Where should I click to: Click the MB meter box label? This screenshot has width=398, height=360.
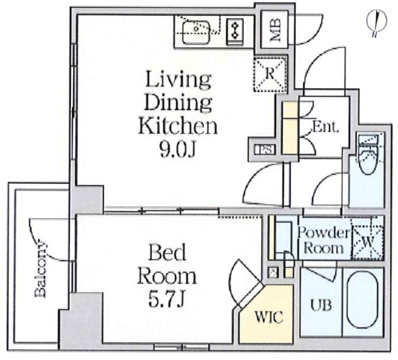click(275, 30)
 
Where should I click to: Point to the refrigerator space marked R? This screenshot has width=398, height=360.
click(270, 74)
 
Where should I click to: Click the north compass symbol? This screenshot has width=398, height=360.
click(377, 22)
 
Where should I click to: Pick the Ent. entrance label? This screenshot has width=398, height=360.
click(325, 127)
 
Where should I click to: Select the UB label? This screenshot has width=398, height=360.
click(321, 305)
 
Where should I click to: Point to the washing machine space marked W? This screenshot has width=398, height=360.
click(368, 242)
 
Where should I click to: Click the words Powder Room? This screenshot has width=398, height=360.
click(324, 240)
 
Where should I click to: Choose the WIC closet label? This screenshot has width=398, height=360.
click(269, 316)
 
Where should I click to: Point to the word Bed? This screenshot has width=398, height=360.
click(167, 252)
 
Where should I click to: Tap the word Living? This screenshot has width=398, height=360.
click(178, 79)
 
